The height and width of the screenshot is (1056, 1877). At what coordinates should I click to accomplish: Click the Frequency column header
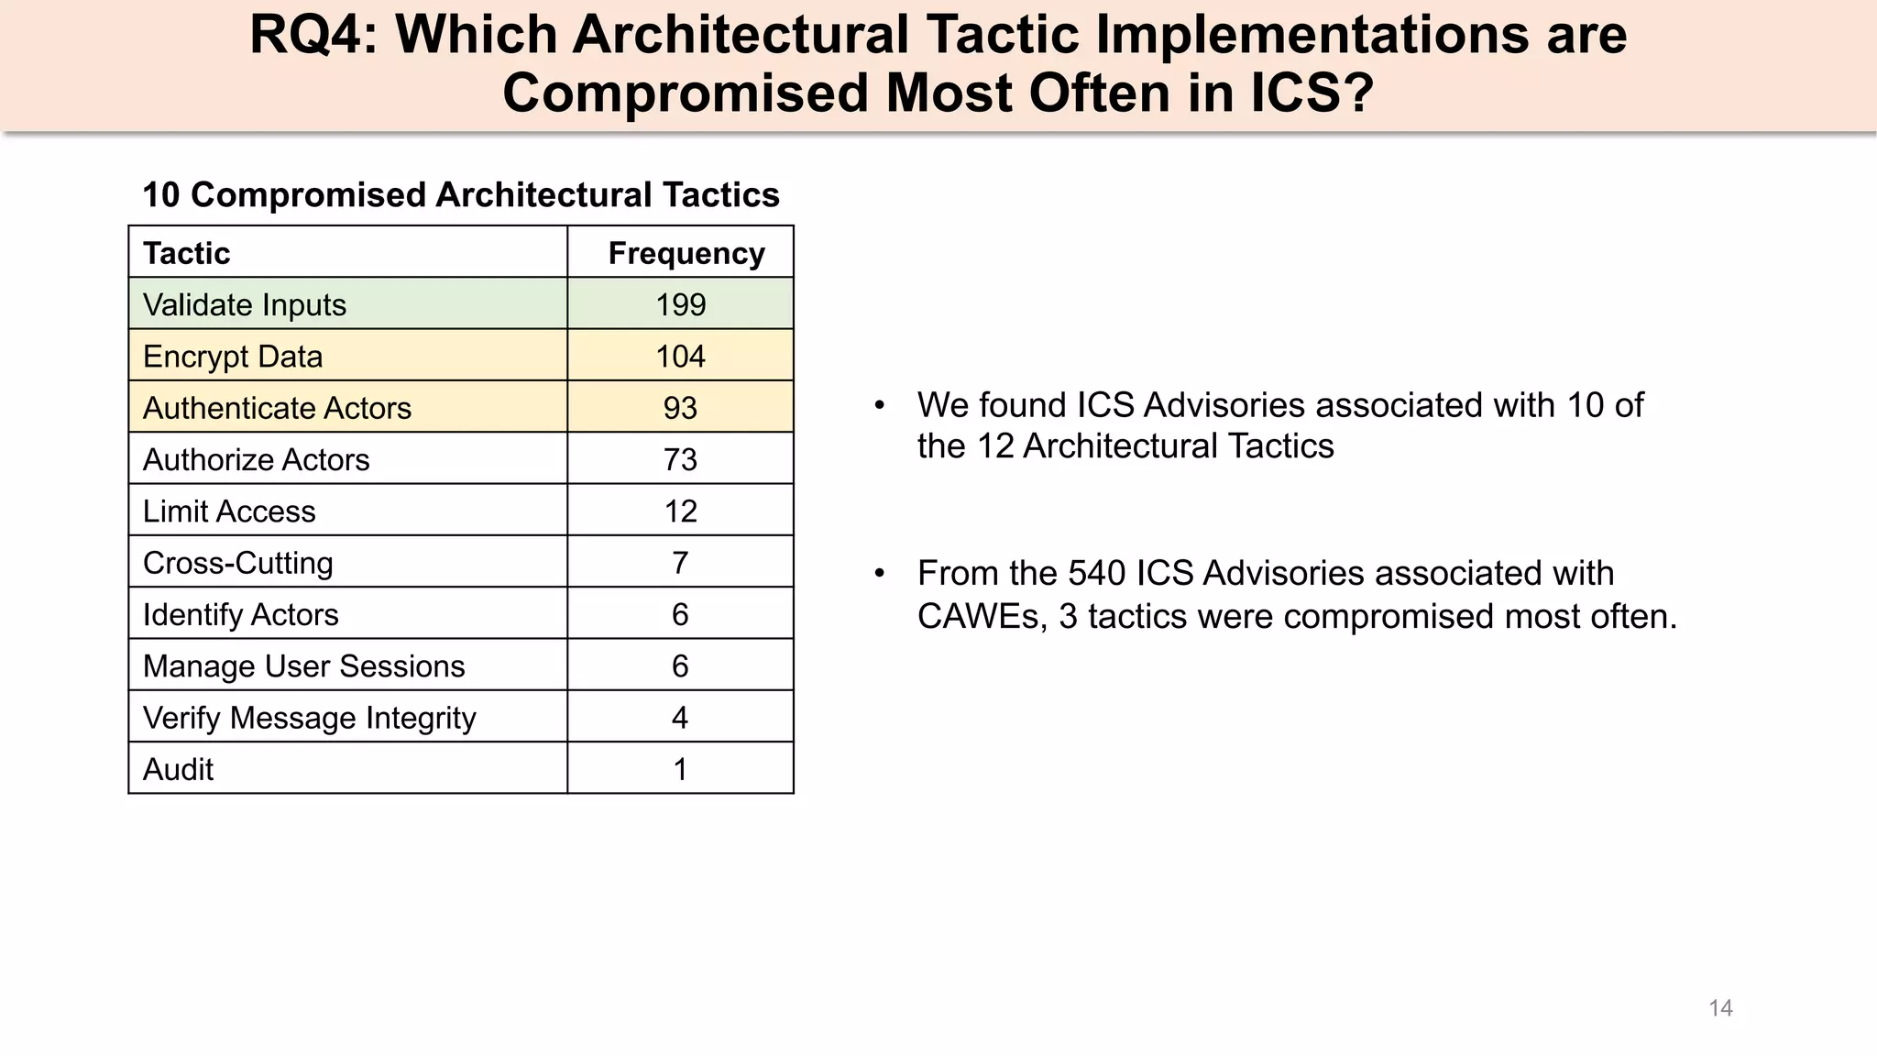pyautogui.click(x=686, y=253)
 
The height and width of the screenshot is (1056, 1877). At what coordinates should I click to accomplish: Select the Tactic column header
pyautogui.click(x=187, y=253)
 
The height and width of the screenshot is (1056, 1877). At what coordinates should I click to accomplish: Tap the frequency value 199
pyautogui.click(x=680, y=304)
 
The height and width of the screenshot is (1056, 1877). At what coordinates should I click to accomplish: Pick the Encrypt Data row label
pyautogui.click(x=233, y=357)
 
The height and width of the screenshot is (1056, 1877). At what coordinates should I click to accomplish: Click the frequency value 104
pyautogui.click(x=680, y=357)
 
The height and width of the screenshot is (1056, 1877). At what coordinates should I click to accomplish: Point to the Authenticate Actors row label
pyautogui.click(x=277, y=408)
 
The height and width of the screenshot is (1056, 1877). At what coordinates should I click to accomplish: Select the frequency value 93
pyautogui.click(x=680, y=408)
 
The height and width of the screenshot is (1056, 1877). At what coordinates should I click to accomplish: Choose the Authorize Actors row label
pyautogui.click(x=257, y=459)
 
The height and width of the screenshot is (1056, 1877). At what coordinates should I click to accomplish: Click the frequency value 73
pyautogui.click(x=680, y=459)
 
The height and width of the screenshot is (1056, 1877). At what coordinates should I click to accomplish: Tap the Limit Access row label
pyautogui.click(x=229, y=511)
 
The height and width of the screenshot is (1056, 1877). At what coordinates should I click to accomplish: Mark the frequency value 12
pyautogui.click(x=680, y=511)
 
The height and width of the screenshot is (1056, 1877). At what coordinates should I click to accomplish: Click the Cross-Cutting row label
pyautogui.click(x=238, y=563)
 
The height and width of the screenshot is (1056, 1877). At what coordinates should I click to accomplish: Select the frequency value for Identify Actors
pyautogui.click(x=680, y=614)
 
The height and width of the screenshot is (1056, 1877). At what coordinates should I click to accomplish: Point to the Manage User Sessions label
pyautogui.click(x=304, y=666)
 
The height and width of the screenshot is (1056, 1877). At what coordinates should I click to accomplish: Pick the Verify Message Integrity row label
pyautogui.click(x=310, y=718)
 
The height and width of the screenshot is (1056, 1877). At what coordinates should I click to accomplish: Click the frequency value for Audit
pyautogui.click(x=680, y=769)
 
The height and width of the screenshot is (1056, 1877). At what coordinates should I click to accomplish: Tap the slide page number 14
pyautogui.click(x=1720, y=1008)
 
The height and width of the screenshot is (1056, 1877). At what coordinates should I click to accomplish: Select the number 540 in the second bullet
pyautogui.click(x=1098, y=574)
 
